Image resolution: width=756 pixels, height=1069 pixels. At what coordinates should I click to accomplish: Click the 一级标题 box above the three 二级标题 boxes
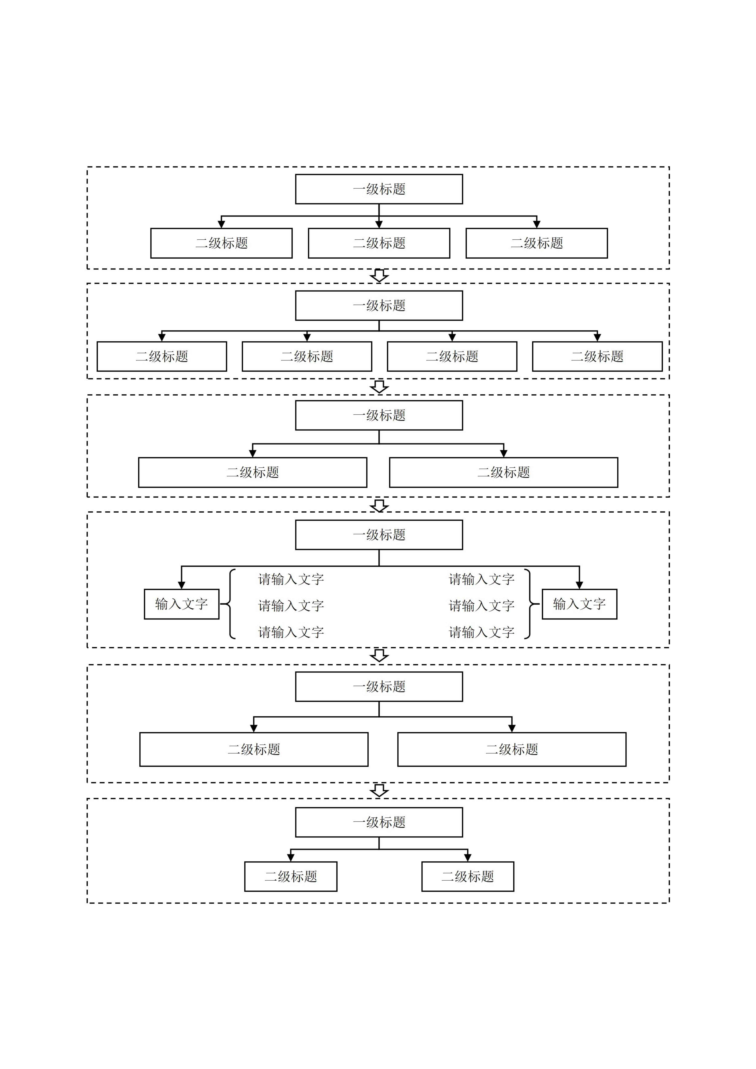[379, 189]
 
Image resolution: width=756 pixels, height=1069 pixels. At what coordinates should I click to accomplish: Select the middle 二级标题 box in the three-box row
[379, 243]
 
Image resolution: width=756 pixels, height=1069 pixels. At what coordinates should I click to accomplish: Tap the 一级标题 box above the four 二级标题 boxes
[379, 305]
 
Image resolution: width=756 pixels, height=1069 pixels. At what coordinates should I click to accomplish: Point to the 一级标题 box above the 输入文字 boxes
[379, 535]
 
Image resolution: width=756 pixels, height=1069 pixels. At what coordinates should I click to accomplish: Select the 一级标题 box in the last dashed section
[379, 822]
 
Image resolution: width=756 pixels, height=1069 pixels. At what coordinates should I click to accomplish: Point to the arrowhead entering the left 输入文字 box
[181, 585]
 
